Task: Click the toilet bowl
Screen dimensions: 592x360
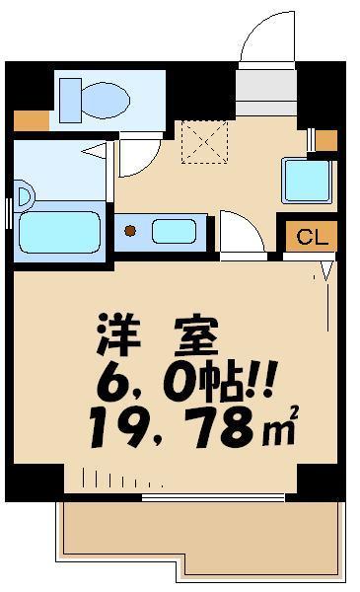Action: pos(104,100)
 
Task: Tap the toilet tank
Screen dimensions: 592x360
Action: pos(69,100)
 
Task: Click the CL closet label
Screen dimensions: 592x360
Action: pos(312,237)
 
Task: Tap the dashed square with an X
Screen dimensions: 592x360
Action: pos(204,141)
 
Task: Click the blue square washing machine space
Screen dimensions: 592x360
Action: pos(307,180)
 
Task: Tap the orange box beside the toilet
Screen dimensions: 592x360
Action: pos(31,122)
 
